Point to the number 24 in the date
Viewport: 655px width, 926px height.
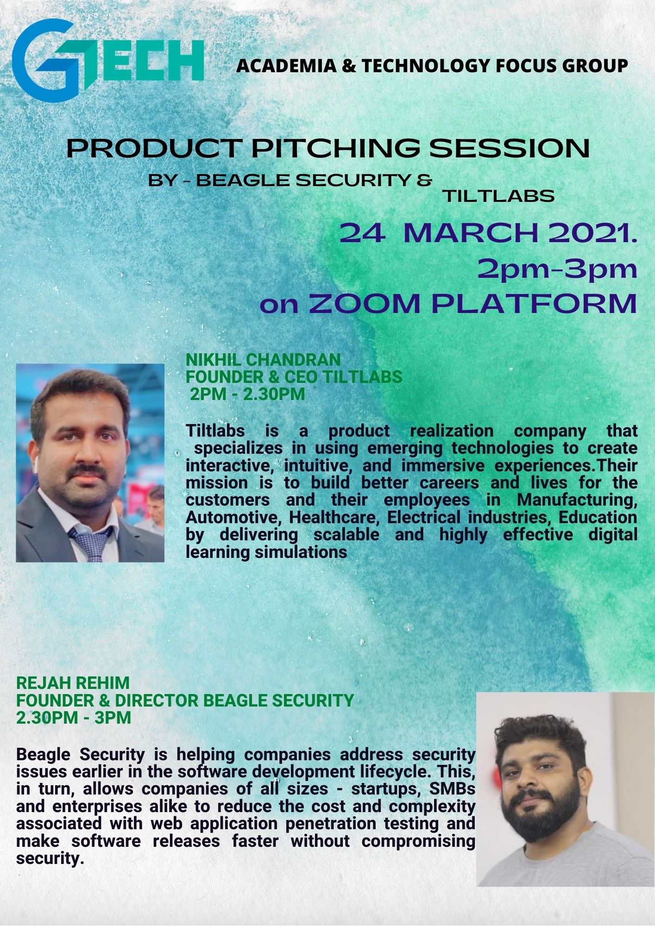point(362,234)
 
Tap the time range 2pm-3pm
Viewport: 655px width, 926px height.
point(557,269)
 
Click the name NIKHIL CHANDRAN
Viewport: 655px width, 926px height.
point(263,360)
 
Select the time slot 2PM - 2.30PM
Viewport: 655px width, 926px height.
point(247,394)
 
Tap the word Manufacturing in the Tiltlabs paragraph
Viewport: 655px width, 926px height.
point(577,500)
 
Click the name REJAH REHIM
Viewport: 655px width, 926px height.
point(73,683)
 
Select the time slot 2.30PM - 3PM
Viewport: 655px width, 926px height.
point(74,718)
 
